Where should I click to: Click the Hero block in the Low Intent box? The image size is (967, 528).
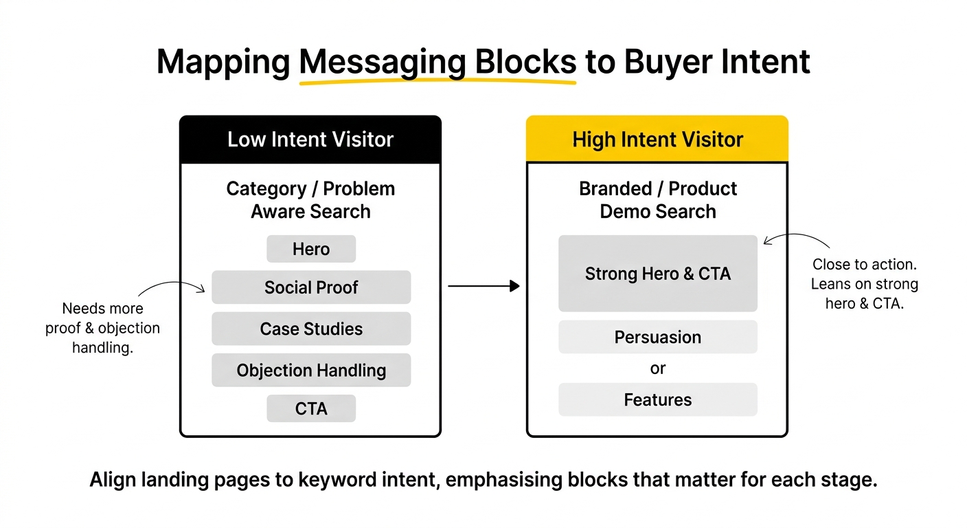point(311,249)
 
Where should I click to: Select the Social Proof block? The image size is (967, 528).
point(311,287)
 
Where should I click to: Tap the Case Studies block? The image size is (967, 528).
point(311,329)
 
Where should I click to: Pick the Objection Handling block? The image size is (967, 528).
point(311,370)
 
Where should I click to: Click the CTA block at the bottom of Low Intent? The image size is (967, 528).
point(311,408)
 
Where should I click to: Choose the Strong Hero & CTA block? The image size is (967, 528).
point(658,274)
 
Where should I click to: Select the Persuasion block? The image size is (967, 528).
point(658,337)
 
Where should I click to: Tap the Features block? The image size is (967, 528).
point(658,399)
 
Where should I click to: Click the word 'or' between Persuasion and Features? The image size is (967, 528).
point(658,368)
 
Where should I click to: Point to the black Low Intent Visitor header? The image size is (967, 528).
point(310,139)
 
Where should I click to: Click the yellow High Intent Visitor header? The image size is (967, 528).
point(657,139)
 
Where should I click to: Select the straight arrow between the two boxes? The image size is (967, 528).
point(483,286)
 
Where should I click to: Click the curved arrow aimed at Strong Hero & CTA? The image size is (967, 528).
point(797,236)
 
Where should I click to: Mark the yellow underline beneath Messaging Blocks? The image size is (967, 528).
point(437,81)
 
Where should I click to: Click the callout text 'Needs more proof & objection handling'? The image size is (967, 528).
point(103,328)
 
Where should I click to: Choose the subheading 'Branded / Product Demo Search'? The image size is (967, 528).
point(658,200)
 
